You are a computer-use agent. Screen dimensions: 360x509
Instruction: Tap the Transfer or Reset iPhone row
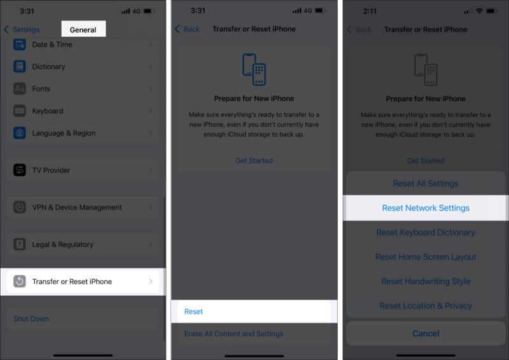[x=83, y=281]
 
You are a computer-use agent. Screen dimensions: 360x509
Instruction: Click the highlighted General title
[x=83, y=29]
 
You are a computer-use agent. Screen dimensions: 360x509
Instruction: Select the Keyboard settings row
[x=83, y=111]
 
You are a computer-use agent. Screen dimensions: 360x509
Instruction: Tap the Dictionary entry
[x=83, y=66]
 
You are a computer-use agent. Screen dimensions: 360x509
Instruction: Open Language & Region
[x=83, y=133]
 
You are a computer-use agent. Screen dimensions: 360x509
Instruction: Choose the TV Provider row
[x=83, y=170]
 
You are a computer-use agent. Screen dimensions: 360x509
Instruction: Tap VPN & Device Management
[x=83, y=207]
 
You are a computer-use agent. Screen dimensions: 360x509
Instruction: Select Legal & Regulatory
[x=83, y=244]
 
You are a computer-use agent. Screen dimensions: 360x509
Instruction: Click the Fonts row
[x=83, y=88]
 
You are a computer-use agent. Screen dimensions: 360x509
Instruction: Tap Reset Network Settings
[x=426, y=208]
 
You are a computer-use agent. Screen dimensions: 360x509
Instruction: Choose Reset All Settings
[x=426, y=183]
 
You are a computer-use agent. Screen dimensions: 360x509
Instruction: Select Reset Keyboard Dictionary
[x=426, y=232]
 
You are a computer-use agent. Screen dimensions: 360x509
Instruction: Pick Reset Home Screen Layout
[x=426, y=257]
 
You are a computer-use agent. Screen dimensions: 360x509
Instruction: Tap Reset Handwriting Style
[x=426, y=281]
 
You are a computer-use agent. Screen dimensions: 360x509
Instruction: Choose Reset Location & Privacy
[x=426, y=305]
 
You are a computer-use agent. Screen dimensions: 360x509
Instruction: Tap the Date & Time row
[x=83, y=45]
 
